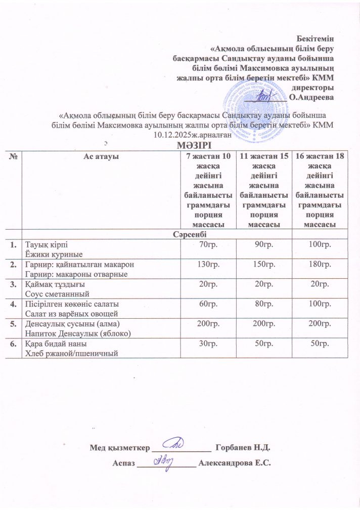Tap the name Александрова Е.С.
pyautogui.click(x=236, y=463)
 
